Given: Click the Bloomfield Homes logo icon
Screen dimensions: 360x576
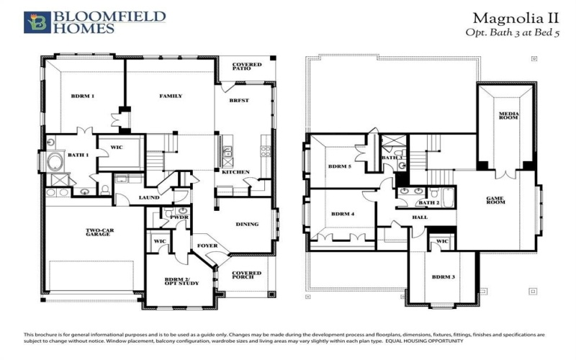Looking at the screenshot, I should pyautogui.click(x=37, y=22).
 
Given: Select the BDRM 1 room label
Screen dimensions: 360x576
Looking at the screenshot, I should pyautogui.click(x=82, y=96).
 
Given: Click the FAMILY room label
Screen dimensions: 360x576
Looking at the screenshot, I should pyautogui.click(x=171, y=96).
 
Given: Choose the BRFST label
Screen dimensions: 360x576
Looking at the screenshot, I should pyautogui.click(x=240, y=100).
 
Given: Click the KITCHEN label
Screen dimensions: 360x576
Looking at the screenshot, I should pyautogui.click(x=235, y=173).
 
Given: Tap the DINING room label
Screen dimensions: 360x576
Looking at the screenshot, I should pyautogui.click(x=247, y=224).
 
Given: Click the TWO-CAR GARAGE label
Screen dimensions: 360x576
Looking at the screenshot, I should pyautogui.click(x=98, y=233).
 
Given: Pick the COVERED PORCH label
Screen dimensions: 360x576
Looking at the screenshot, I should pyautogui.click(x=247, y=276).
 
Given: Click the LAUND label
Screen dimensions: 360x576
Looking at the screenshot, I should pyautogui.click(x=149, y=197).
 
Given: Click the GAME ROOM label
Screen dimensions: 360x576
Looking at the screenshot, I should pyautogui.click(x=495, y=200).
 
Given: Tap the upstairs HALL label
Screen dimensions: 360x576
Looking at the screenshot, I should pyautogui.click(x=419, y=217).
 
